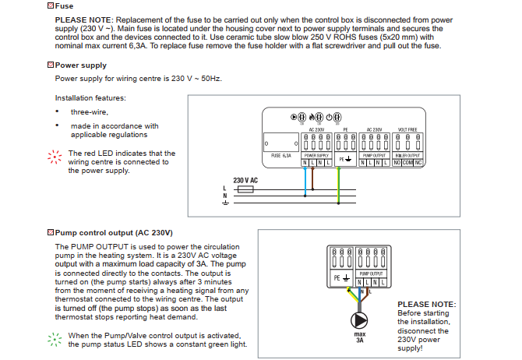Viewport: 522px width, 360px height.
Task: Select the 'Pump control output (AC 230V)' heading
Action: tap(114, 232)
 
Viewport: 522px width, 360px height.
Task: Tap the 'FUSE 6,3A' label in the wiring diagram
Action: tap(280, 155)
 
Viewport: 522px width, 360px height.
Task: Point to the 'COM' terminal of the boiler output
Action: tap(410, 162)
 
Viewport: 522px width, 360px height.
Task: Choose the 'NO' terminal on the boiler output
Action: tap(397, 162)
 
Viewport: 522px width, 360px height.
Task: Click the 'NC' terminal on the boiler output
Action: tap(420, 162)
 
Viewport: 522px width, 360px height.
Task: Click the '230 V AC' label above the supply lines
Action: tap(245, 180)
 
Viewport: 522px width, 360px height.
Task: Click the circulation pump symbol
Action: tap(359, 319)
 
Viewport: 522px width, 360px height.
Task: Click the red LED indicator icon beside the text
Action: tap(54, 157)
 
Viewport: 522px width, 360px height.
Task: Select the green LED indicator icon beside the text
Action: tap(54, 339)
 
